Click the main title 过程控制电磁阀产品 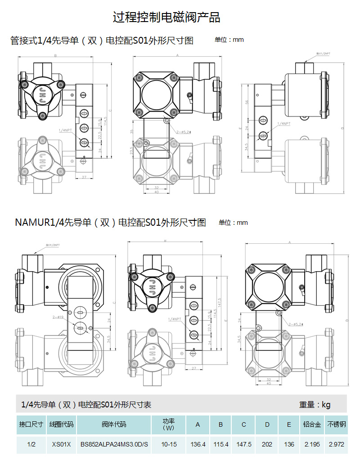pyautogui.click(x=166, y=18)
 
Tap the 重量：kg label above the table pyautogui.click(x=315, y=405)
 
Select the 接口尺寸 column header pyautogui.click(x=31, y=424)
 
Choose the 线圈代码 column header pyautogui.click(x=61, y=424)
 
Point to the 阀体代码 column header pyautogui.click(x=114, y=424)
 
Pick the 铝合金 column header pyautogui.click(x=312, y=424)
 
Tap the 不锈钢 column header pyautogui.click(x=336, y=424)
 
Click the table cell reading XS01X pyautogui.click(x=61, y=444)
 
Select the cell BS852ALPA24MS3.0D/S pyautogui.click(x=114, y=444)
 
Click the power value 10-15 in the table pyautogui.click(x=170, y=444)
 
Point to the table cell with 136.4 pyautogui.click(x=198, y=444)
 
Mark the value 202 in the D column pyautogui.click(x=267, y=444)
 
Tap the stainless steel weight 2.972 pyautogui.click(x=336, y=444)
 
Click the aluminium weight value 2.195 pyautogui.click(x=312, y=444)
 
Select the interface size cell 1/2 pyautogui.click(x=31, y=444)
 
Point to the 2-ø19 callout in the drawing pyautogui.click(x=57, y=317)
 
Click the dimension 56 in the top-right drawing pyautogui.click(x=247, y=102)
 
